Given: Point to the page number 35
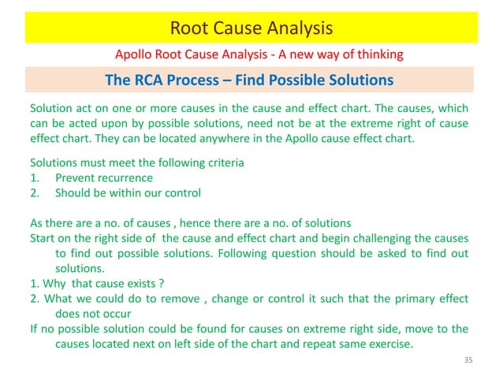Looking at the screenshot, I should coord(468,360).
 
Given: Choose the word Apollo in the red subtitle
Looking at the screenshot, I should coord(136,54).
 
